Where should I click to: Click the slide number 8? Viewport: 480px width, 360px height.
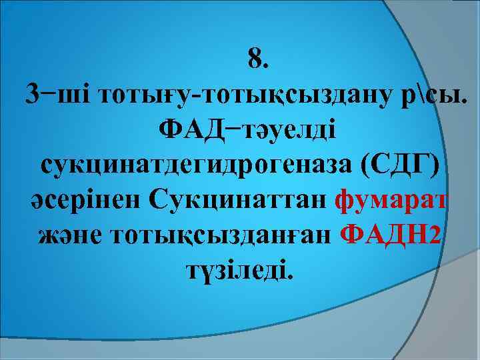point(257,60)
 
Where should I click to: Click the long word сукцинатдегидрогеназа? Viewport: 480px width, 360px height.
point(197,165)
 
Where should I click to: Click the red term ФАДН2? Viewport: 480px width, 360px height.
point(390,234)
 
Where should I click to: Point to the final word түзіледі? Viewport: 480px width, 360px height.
point(238,269)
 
